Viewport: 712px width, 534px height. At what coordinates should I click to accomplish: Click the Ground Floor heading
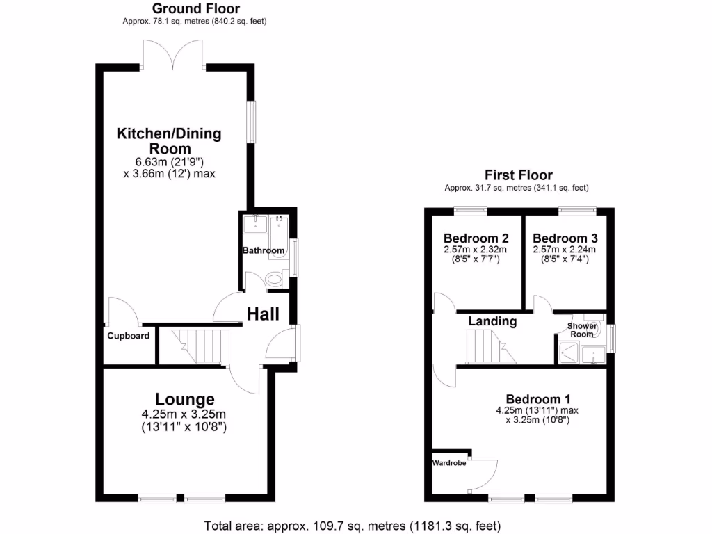coord(195,9)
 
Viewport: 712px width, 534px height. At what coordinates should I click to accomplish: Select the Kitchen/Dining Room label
coord(169,141)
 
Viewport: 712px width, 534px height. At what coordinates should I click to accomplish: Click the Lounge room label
coord(184,399)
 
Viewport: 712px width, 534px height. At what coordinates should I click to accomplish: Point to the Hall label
coord(263,314)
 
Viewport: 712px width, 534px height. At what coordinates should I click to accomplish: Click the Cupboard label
coord(128,336)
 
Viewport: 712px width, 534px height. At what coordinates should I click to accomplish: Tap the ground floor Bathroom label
coord(264,250)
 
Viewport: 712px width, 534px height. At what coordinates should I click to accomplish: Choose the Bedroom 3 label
coord(565,237)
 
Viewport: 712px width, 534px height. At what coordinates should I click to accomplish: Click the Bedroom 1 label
coord(537,399)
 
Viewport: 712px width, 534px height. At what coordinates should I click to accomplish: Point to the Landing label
coord(492,321)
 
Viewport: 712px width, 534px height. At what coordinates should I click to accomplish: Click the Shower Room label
coord(582,330)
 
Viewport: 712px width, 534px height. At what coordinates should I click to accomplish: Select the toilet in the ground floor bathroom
coord(275,280)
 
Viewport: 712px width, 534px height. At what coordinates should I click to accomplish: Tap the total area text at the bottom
coord(352,525)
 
